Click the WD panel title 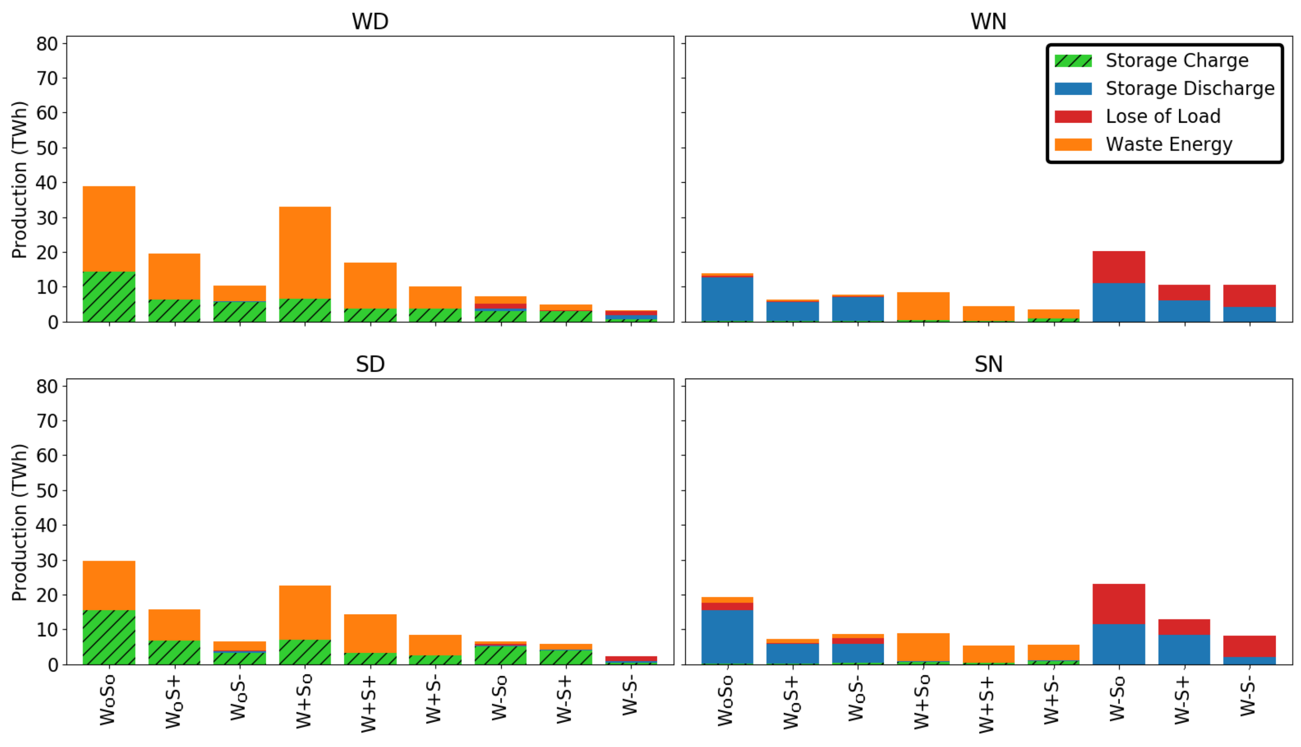370,21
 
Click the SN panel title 988,364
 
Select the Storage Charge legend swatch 1073,60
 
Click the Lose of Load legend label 1162,117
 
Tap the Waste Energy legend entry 1168,144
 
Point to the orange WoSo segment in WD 109,229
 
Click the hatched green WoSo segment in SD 109,637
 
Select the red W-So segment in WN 1118,267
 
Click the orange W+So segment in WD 305,253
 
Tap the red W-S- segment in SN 1249,647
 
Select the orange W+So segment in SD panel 305,613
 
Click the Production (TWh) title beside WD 19,180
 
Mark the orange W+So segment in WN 922,306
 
